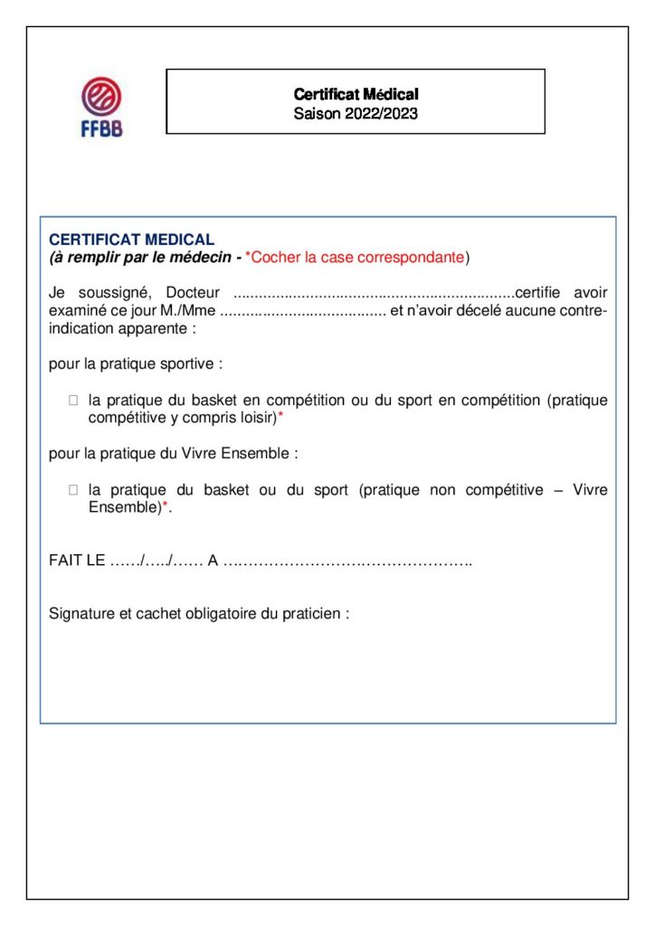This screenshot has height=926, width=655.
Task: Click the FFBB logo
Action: coord(101,106)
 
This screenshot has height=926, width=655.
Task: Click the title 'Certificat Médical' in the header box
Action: coord(356,94)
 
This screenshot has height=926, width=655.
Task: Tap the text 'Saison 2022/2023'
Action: coord(356,115)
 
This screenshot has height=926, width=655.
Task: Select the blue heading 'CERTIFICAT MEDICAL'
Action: coord(131,240)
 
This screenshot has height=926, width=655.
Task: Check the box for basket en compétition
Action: coord(73,400)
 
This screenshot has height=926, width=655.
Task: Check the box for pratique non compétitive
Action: coord(73,490)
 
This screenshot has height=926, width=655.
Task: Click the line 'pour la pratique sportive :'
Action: coord(136,364)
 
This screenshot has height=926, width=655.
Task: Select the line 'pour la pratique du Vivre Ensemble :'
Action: coord(173,454)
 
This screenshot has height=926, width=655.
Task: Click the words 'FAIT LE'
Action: coord(77,562)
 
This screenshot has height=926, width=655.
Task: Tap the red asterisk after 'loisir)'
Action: coord(280,416)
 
